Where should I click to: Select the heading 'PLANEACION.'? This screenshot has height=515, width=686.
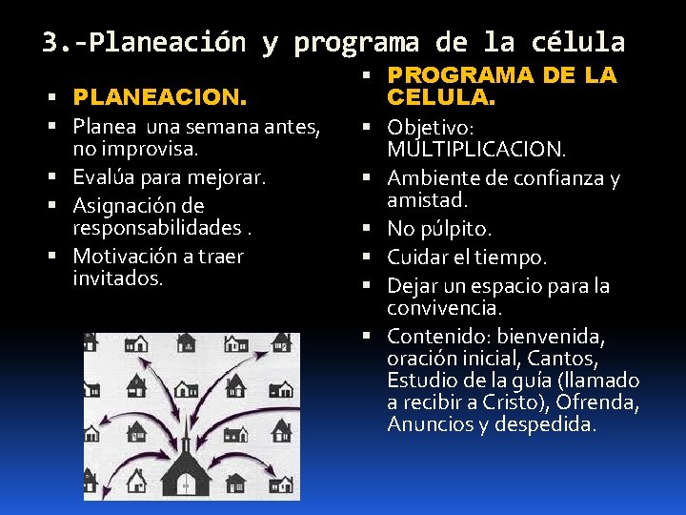[x=160, y=97]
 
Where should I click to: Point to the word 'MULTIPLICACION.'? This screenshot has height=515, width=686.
[x=476, y=150]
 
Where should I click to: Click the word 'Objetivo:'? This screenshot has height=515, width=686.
[x=431, y=128]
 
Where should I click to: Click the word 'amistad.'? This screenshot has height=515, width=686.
[x=427, y=200]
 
